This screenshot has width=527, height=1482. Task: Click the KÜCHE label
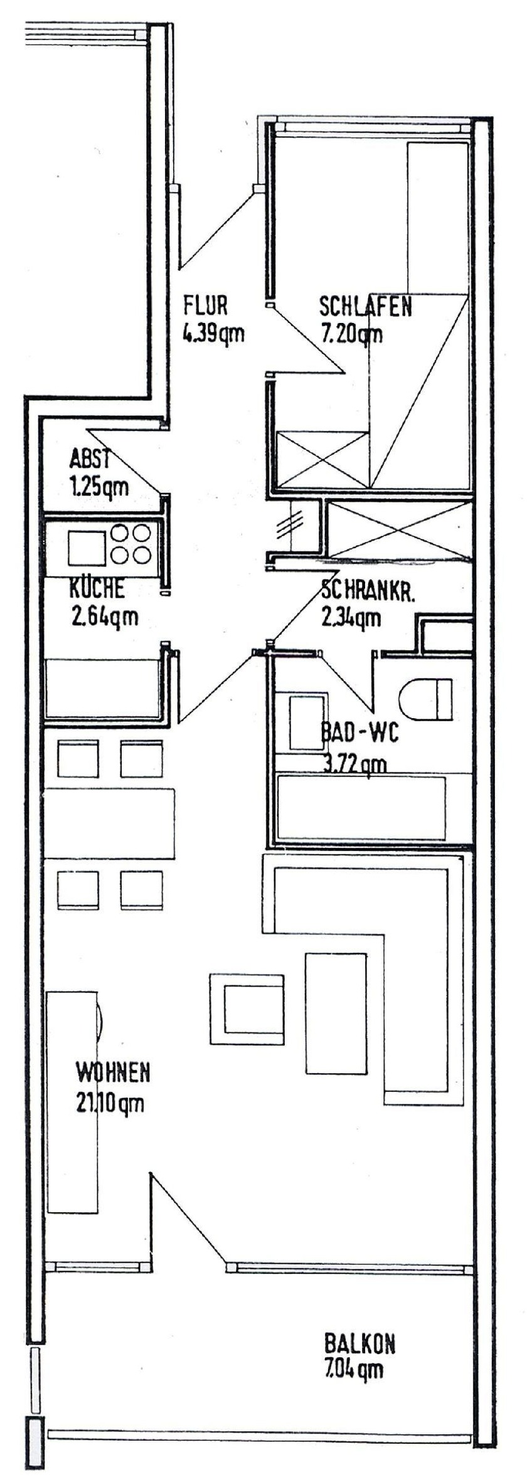pyautogui.click(x=97, y=590)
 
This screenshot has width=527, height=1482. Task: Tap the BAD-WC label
pyautogui.click(x=359, y=733)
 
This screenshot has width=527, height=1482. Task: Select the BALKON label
pyautogui.click(x=359, y=1360)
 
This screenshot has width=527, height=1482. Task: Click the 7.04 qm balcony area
pyautogui.click(x=354, y=1387)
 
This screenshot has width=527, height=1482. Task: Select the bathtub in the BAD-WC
pyautogui.click(x=361, y=807)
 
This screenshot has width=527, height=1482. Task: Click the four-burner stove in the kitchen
pyautogui.click(x=130, y=543)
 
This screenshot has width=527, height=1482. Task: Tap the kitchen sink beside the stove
pyautogui.click(x=87, y=547)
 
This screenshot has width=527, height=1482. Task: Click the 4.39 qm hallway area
pyautogui.click(x=213, y=334)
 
